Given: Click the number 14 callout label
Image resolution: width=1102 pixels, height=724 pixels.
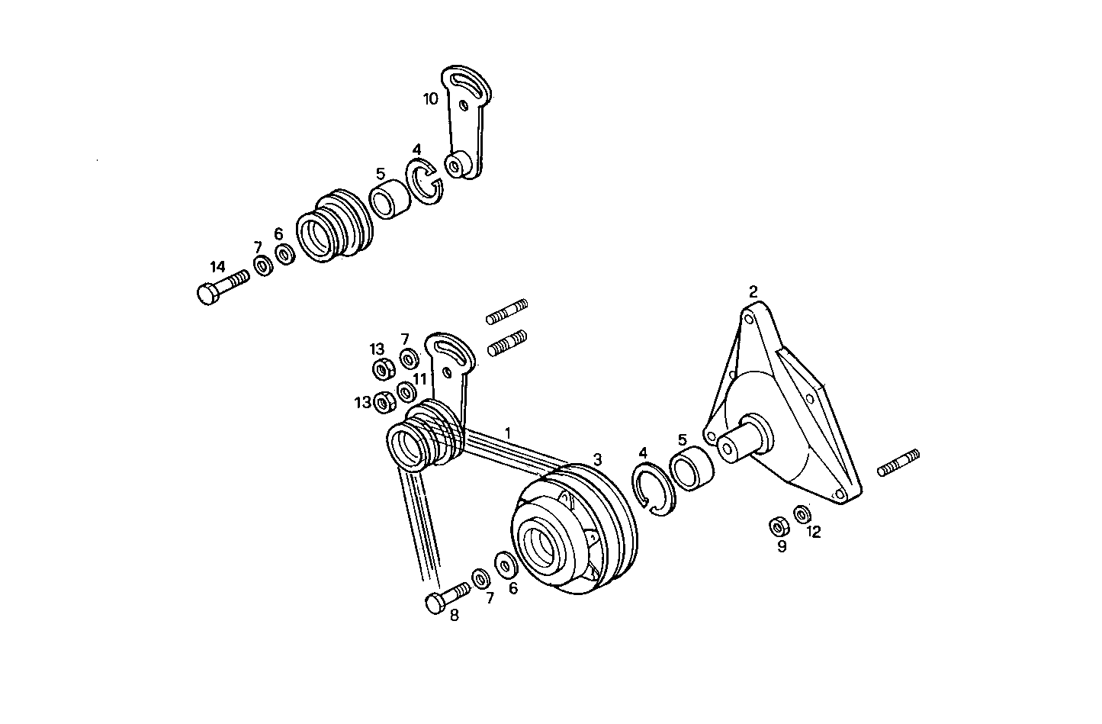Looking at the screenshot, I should tap(218, 267).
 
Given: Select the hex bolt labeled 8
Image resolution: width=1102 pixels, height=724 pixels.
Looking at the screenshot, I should tap(448, 596).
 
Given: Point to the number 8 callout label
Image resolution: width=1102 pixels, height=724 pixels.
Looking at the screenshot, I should tap(455, 615).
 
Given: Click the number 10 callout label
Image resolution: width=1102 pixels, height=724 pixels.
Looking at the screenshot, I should tap(431, 98).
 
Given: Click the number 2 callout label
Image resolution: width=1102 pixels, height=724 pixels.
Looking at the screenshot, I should tap(753, 291).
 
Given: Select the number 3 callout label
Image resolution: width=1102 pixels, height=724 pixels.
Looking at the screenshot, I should tap(598, 459).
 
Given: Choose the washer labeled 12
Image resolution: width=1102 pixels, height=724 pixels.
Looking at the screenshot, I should tap(802, 513).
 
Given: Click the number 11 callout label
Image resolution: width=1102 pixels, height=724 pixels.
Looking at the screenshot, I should tap(420, 378).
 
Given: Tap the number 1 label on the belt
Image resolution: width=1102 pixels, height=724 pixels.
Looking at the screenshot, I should tap(508, 433).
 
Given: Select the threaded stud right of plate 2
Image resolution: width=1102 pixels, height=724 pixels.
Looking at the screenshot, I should tap(898, 463).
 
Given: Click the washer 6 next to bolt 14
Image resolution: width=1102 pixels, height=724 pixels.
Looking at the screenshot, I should tap(285, 253).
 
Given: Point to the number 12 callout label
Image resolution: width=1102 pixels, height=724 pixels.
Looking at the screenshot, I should tap(814, 533).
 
